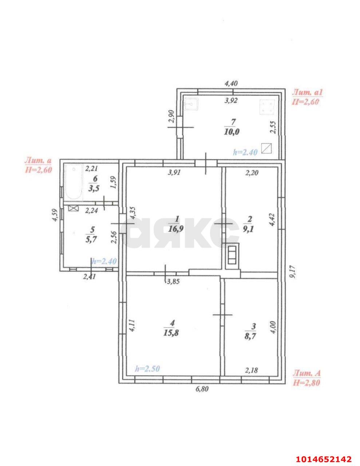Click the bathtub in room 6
coord(74,182)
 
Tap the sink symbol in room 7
coord(191,104)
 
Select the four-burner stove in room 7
coord(267,107)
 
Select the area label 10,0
coord(232,132)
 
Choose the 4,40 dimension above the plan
coord(231,83)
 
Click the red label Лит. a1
coord(308,92)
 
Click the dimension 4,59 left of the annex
coord(55,215)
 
